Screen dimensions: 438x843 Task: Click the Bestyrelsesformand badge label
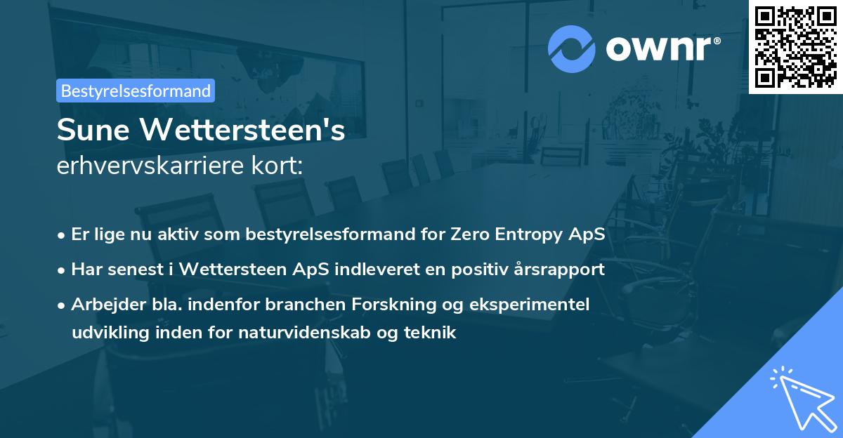[136, 91]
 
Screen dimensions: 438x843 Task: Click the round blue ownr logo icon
[572, 48]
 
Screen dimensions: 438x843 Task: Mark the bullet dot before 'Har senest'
[63, 270]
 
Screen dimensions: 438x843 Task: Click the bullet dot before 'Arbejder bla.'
[63, 305]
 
